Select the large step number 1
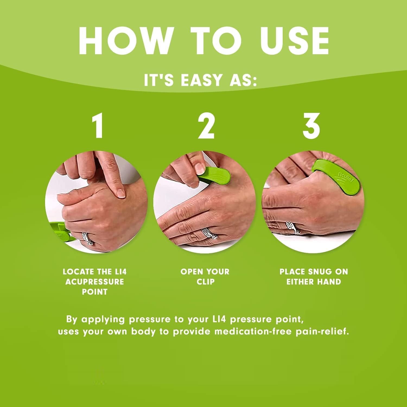coord(97,126)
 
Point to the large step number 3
coord(311,126)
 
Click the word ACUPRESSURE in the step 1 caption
coord(94,282)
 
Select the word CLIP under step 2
coord(205,282)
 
